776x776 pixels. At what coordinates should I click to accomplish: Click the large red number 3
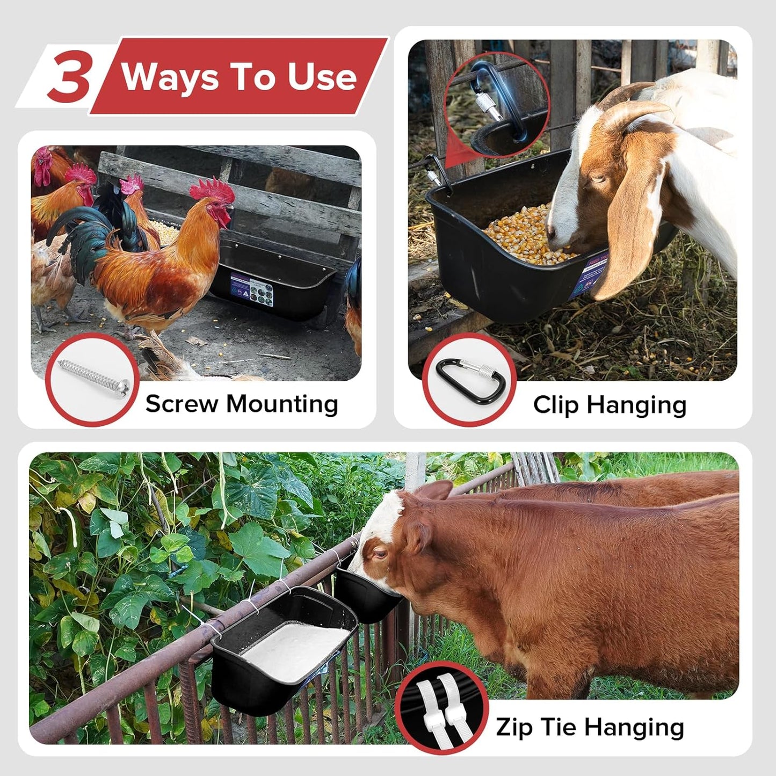pos(69,76)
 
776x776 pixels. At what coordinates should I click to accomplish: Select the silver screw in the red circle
pos(94,379)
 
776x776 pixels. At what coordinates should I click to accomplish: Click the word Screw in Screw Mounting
pos(181,404)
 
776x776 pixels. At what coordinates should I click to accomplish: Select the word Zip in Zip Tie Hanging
pos(515,727)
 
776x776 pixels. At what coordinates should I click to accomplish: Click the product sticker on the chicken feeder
pos(252,289)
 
